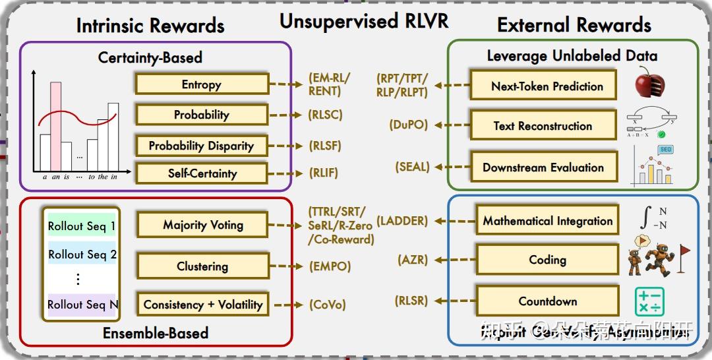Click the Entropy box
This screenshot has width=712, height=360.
coord(202,84)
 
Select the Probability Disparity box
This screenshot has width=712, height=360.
coord(201,146)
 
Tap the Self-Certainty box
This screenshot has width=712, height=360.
coord(201,173)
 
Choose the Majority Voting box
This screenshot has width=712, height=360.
coord(202,225)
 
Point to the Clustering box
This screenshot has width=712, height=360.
coord(202,266)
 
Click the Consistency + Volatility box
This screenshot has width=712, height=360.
coord(202,305)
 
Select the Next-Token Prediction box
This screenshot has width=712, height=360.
coord(547,86)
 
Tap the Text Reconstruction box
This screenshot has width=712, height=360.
coord(543,126)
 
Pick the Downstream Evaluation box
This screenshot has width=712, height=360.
coord(543,167)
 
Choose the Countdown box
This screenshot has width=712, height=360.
coord(547,301)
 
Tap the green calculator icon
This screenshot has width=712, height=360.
coord(649,302)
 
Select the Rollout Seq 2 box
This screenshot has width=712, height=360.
coord(82,255)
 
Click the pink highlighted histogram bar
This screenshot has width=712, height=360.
coord(56,126)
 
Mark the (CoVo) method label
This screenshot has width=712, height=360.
coord(327,305)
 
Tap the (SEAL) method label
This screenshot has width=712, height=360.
coord(413,167)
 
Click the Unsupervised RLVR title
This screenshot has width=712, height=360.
coord(364,21)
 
